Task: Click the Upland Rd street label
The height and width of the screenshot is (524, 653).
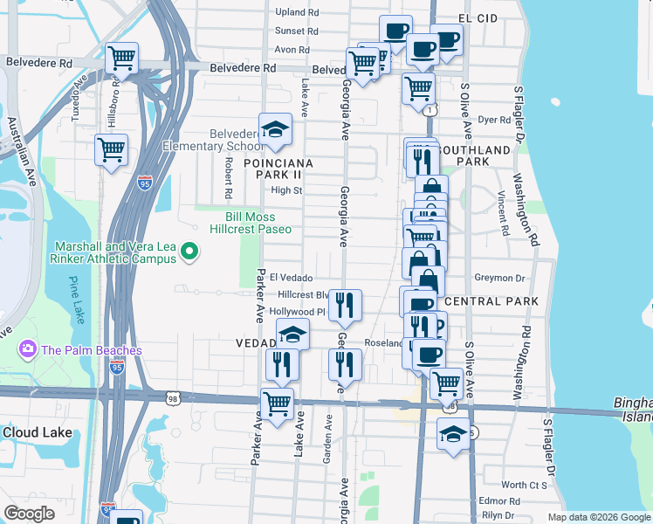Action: [x=297, y=12]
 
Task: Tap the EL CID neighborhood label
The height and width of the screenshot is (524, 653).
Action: [x=478, y=17]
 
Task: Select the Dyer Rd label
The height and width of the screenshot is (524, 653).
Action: [x=493, y=120]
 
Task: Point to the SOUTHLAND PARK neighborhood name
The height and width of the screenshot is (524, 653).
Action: [x=472, y=156]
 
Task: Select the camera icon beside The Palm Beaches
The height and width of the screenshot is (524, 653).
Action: [x=28, y=350]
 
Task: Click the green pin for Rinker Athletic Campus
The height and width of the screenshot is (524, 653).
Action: [x=189, y=254]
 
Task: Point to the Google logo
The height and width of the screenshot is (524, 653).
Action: [x=30, y=514]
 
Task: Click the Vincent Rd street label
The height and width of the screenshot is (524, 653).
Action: [x=504, y=215]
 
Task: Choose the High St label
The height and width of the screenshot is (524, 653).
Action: [x=286, y=190]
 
